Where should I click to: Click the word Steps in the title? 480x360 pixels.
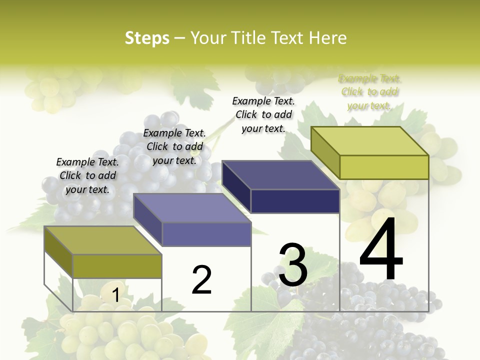coord(147,38)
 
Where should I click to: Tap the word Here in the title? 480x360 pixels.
coord(327,38)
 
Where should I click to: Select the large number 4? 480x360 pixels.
coord(381,250)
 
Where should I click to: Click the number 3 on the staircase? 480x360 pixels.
coord(293,265)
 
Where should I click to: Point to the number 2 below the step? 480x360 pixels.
coord(201,280)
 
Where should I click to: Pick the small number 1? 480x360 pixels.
coord(115,295)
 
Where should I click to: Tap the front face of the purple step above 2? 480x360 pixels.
coord(206,234)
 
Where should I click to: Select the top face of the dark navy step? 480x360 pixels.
coord(280,175)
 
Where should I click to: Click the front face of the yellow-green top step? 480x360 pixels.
coord(384,167)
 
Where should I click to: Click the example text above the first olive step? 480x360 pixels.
coord(87,175)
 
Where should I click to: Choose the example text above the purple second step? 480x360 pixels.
coord(174,146)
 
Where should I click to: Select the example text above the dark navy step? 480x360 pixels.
coord(263,114)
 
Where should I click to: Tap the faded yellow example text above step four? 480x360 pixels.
coord(369,92)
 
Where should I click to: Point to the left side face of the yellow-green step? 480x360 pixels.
coord(325,153)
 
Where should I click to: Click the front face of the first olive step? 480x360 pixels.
coord(117,266)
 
